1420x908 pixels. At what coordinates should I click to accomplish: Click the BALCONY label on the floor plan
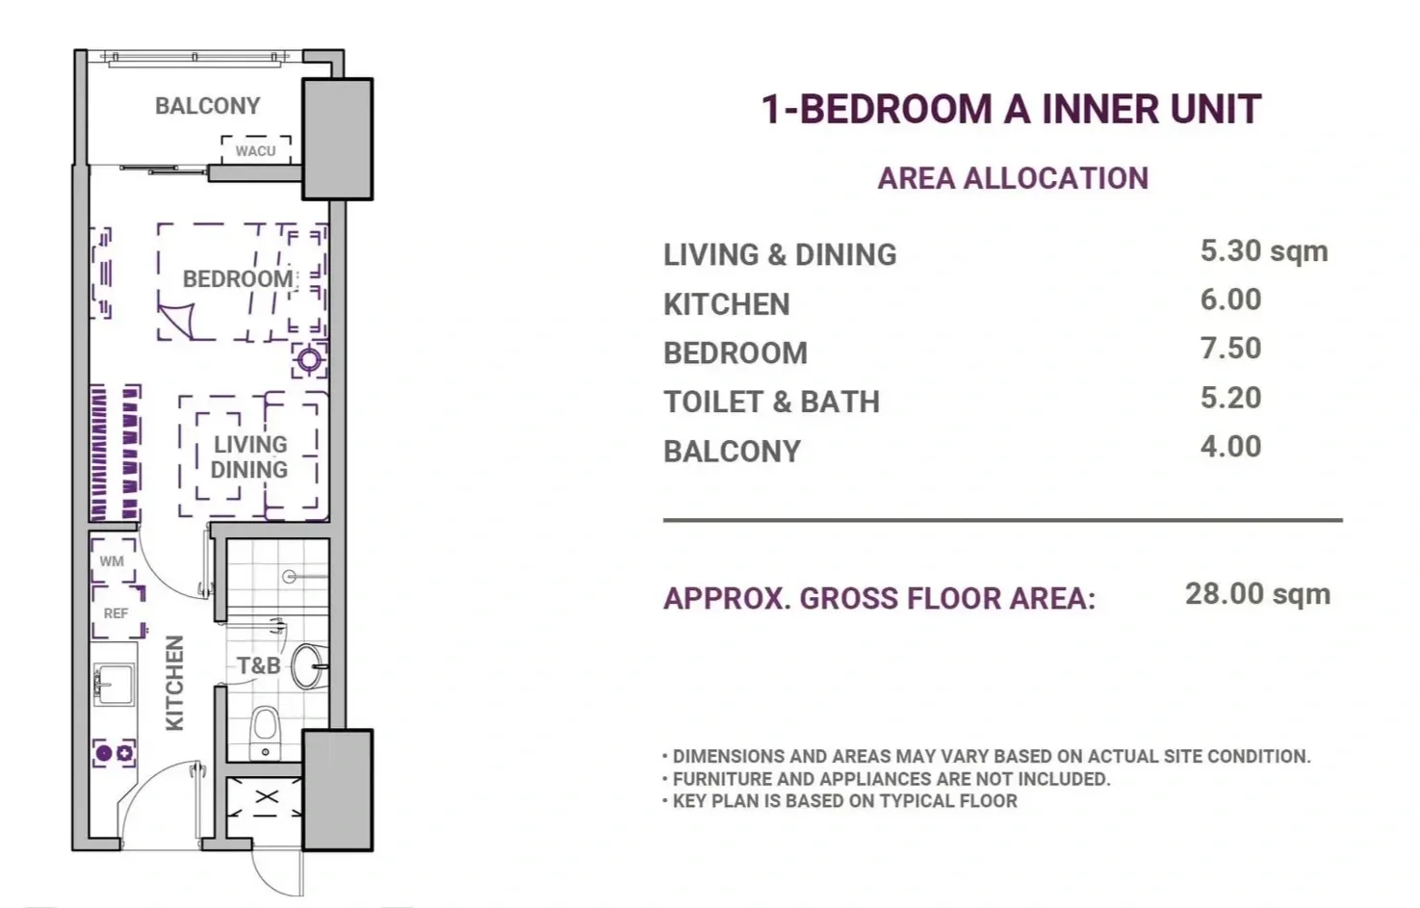(207, 106)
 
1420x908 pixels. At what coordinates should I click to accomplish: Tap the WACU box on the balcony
(256, 150)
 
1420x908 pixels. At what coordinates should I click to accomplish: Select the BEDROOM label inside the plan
(238, 279)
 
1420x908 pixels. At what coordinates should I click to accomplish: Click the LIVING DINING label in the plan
(249, 457)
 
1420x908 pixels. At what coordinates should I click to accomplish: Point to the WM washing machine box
(113, 560)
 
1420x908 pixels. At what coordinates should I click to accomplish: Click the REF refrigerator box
(117, 612)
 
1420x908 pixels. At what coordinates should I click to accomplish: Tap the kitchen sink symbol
(115, 685)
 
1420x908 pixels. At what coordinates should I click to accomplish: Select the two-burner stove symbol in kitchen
(115, 753)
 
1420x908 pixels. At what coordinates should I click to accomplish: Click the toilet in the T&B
(265, 733)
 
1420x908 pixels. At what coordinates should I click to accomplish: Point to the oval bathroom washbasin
(310, 665)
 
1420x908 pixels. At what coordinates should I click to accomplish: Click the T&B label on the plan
(259, 665)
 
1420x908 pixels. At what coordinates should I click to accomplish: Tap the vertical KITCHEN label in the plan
(174, 683)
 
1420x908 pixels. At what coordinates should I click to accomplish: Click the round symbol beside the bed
(309, 360)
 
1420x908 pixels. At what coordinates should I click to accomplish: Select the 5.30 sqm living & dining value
(1263, 251)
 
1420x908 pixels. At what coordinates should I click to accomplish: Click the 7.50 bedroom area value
(1230, 349)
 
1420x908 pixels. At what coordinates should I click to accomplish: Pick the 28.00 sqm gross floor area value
(1257, 595)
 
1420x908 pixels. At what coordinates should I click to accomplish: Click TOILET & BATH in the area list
(771, 402)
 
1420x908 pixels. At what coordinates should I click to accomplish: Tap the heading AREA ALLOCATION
(1013, 178)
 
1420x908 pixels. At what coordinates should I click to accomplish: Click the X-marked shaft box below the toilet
(265, 797)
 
